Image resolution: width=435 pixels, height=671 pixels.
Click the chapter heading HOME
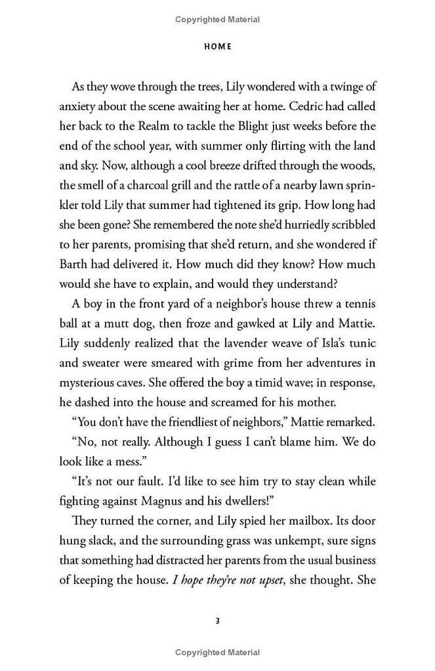click(217, 47)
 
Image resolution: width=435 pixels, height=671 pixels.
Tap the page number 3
click(217, 621)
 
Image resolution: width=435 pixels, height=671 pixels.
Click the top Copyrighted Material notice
click(217, 20)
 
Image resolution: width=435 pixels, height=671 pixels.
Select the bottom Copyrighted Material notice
click(217, 652)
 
